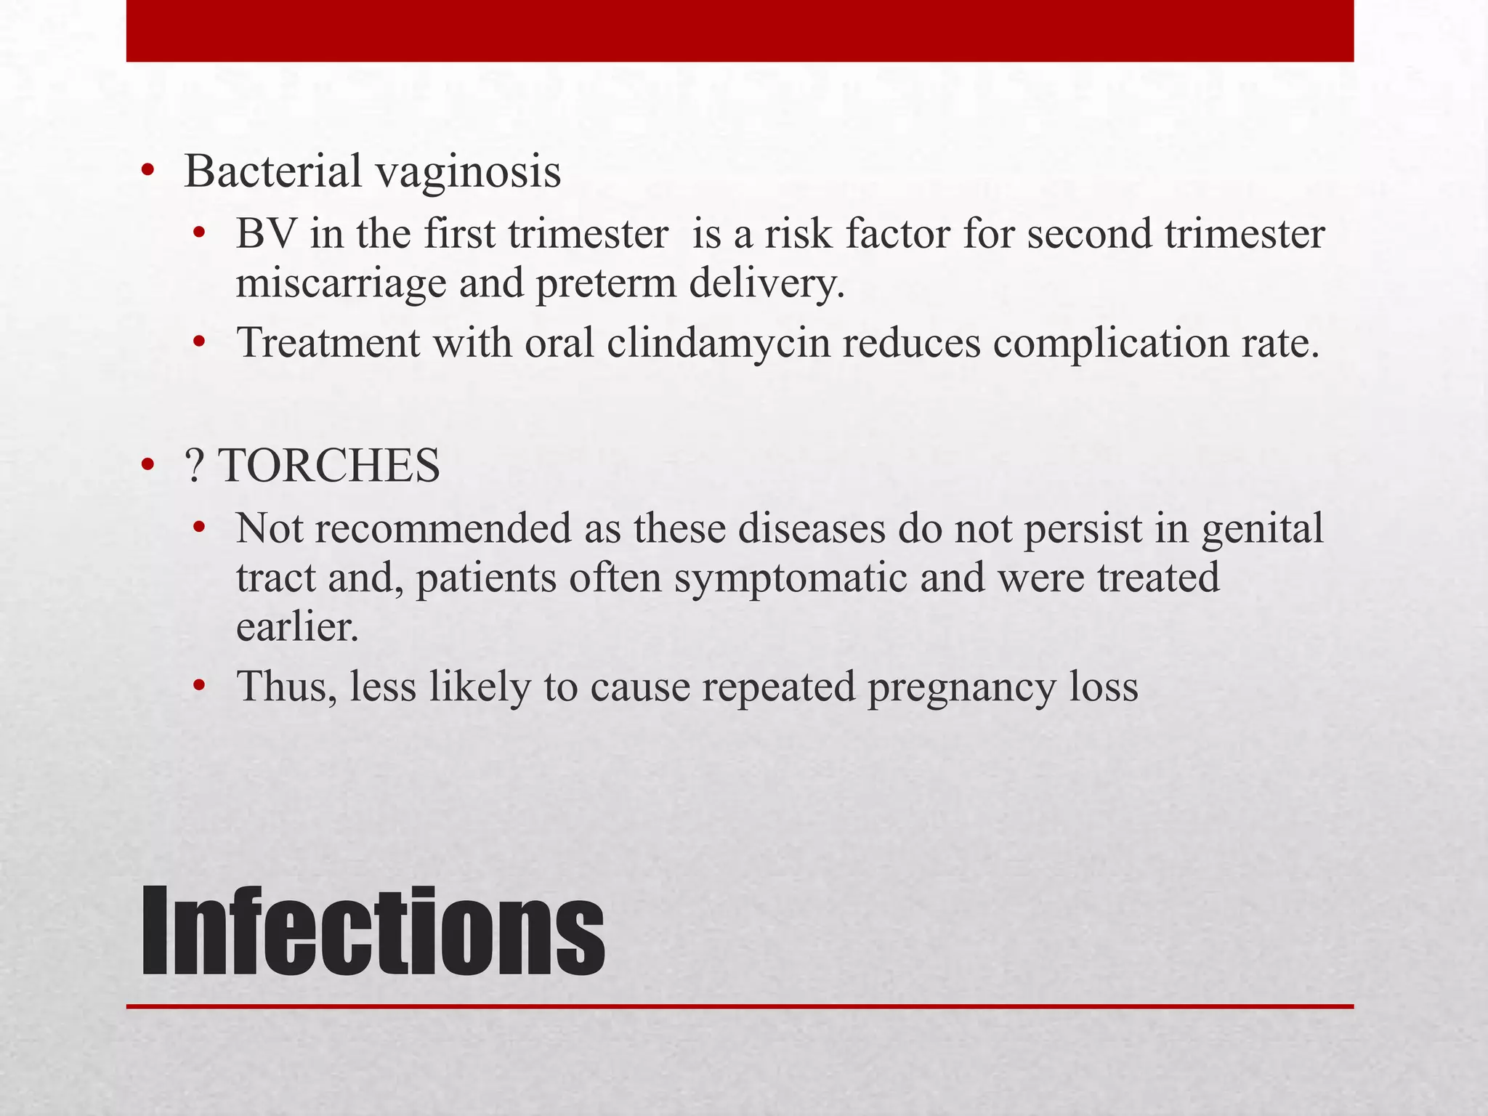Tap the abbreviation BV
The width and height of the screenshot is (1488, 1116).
(267, 235)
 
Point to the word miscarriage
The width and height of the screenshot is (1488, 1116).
(341, 283)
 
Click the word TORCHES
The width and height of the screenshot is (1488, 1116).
(329, 466)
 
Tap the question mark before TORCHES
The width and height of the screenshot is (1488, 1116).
(195, 466)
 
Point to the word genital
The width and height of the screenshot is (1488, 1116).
(1262, 530)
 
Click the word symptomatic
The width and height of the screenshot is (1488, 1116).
(790, 579)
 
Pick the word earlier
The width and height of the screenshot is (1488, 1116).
(298, 627)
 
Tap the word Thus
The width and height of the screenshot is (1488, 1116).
(287, 686)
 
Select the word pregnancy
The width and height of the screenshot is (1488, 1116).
(962, 687)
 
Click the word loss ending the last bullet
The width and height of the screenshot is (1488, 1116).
(1104, 686)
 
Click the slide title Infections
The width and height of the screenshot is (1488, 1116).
(372, 932)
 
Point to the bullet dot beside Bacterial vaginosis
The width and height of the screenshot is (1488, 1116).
(148, 172)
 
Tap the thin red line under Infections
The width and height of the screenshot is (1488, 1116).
(740, 1006)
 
